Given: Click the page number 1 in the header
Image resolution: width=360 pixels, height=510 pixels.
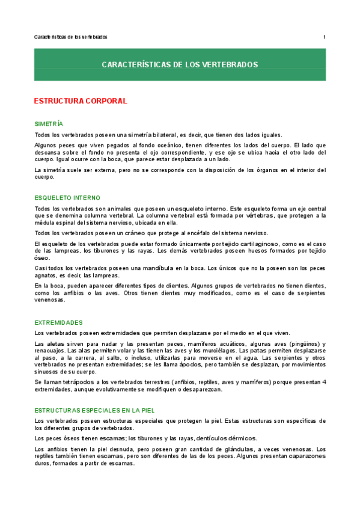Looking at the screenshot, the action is [324, 37].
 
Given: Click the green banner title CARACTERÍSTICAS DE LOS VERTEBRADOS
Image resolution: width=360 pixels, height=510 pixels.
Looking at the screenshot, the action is [180, 64].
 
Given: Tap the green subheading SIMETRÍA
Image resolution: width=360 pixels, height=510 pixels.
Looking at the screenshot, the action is [49, 123].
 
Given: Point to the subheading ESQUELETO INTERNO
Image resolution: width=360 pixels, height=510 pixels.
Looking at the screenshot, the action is [68, 197].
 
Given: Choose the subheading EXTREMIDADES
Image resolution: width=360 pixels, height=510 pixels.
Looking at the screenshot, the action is [59, 322].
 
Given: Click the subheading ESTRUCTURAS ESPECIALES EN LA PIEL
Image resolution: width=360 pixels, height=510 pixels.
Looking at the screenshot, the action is [95, 410].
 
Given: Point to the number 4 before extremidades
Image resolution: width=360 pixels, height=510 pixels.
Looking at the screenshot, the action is [323, 382].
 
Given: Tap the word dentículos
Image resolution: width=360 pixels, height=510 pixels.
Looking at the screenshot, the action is [195, 438].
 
